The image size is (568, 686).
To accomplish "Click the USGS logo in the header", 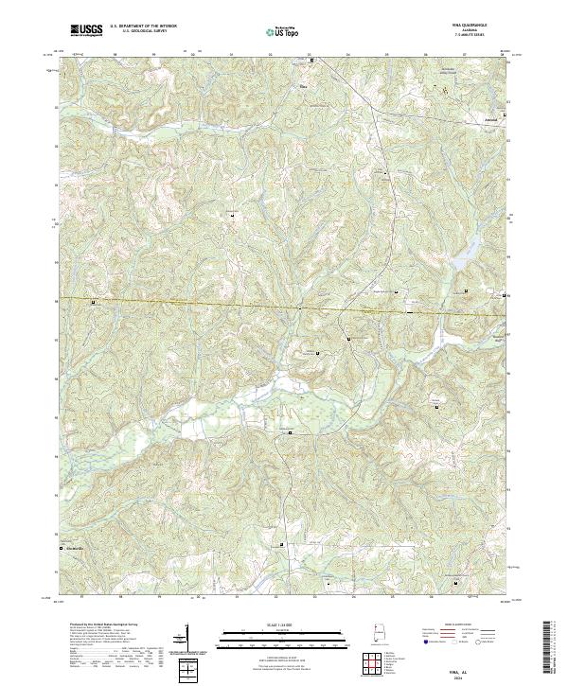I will tap(88, 29).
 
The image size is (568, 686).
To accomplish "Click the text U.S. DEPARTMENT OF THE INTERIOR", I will tap(143, 26).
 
